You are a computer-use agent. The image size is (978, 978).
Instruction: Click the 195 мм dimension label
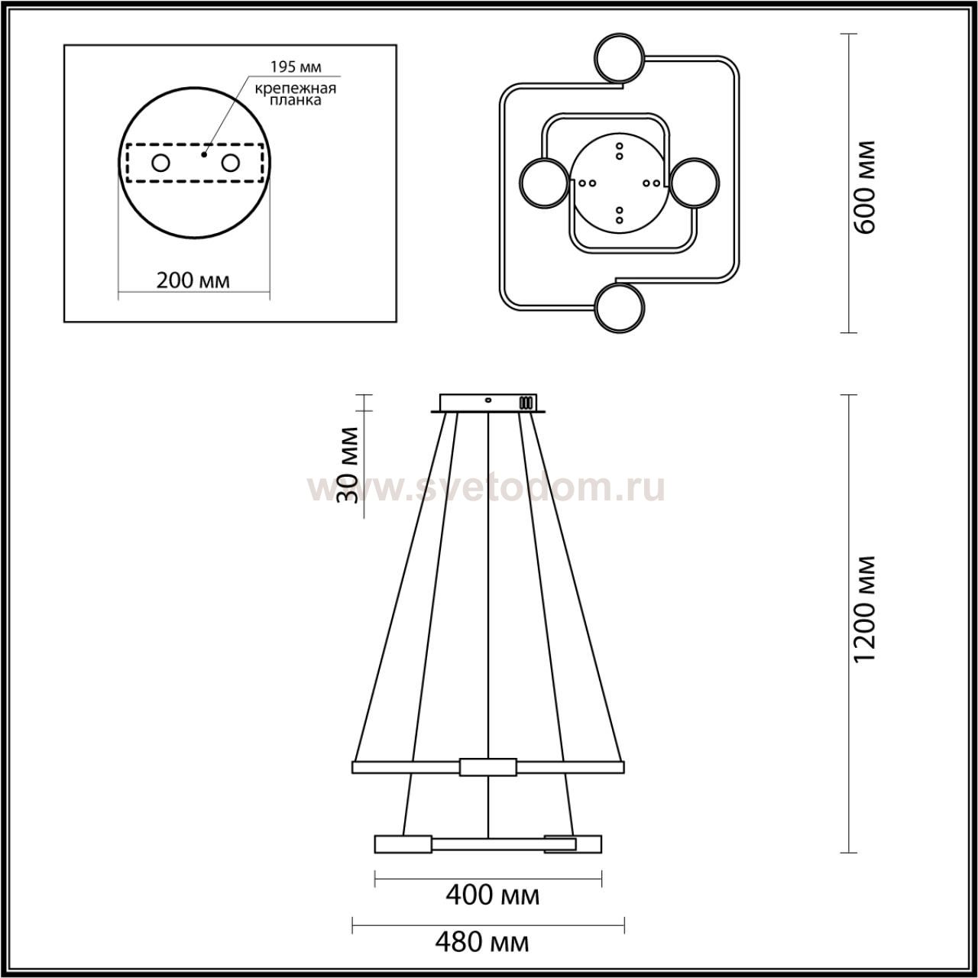coord(296,66)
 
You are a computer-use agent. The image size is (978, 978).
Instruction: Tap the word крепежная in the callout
coord(296,89)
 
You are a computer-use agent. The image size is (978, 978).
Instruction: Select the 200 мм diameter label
coord(193,280)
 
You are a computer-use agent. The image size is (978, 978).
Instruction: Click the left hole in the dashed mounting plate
coord(161,164)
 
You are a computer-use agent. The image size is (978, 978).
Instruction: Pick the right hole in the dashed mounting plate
coord(230,164)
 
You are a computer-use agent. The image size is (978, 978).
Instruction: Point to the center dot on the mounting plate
coord(204,154)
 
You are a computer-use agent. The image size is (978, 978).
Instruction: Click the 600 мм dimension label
coord(865,186)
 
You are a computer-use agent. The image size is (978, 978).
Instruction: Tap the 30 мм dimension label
coord(348,465)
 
